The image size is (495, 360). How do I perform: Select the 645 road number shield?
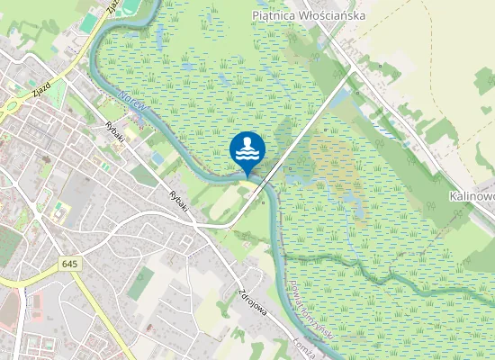(71, 264)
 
